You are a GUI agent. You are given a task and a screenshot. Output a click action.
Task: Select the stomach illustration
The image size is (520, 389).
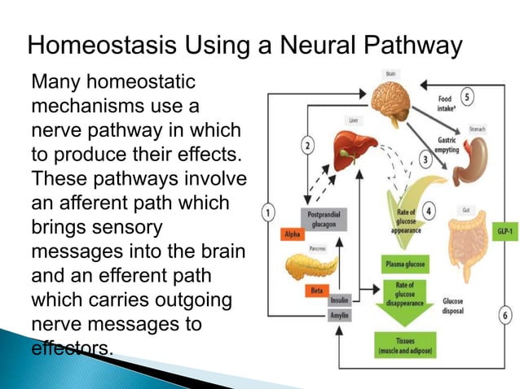[x=472, y=160]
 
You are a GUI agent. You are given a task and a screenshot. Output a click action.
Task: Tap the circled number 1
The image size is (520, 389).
[x=267, y=213]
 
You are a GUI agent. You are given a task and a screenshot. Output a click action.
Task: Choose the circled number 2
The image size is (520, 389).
[x=306, y=146]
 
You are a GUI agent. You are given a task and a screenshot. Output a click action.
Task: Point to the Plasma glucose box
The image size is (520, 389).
[x=404, y=265]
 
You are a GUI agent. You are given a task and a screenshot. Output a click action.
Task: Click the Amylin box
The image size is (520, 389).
[x=338, y=314]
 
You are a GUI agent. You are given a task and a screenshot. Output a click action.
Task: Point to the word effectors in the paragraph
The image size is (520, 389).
[x=68, y=347]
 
